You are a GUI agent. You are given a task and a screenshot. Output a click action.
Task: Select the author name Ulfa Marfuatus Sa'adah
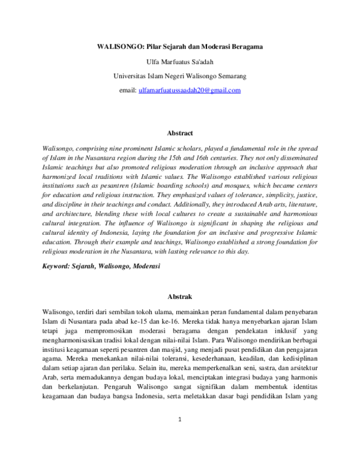click(179, 61)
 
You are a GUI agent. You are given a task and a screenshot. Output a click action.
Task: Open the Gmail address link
click(189, 91)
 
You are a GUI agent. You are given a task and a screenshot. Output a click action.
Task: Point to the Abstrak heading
click(179, 297)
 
